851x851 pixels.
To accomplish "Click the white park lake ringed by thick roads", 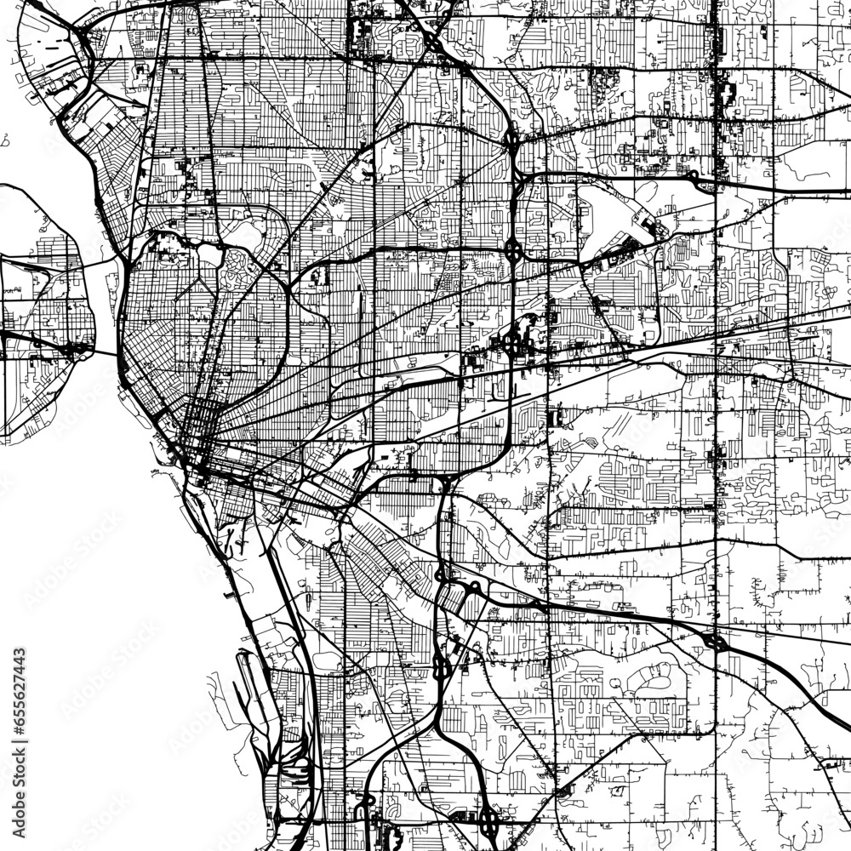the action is tap(210, 253).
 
